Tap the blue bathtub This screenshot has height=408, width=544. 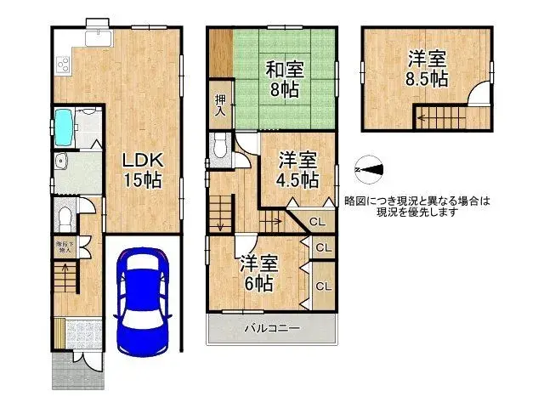click(x=65, y=127)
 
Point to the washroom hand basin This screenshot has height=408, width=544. click(x=59, y=164)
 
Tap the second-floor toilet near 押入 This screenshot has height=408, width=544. click(x=219, y=150)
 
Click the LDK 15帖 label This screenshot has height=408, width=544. click(x=141, y=168)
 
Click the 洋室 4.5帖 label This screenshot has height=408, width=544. click(x=297, y=169)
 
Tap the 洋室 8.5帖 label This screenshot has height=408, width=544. click(x=427, y=68)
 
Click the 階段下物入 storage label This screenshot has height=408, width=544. click(x=65, y=249)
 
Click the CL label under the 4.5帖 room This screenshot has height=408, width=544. click(x=316, y=222)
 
